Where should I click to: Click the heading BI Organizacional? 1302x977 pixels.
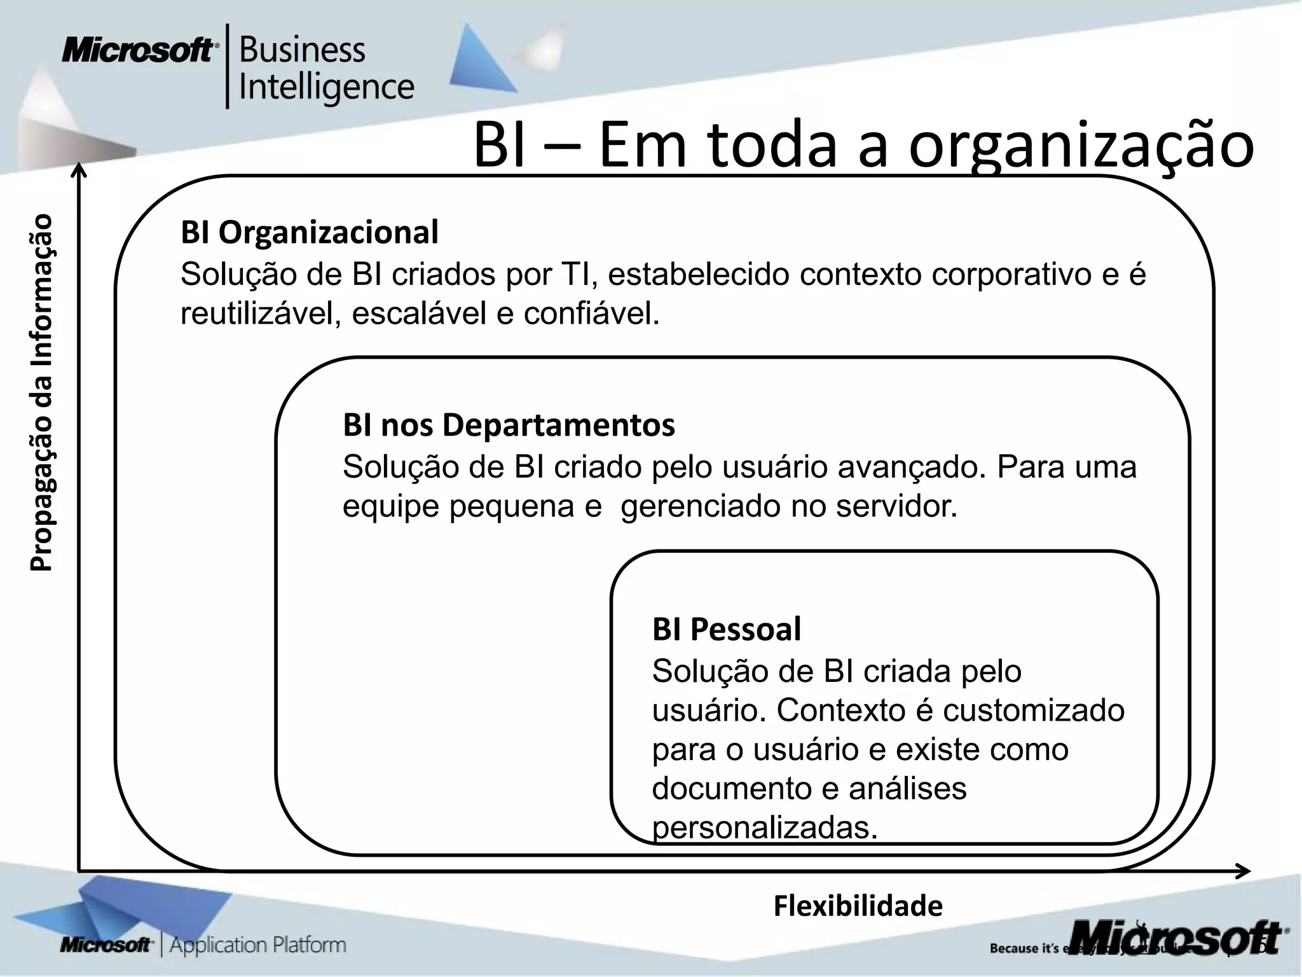310,233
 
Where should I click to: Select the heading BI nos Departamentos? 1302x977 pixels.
509,425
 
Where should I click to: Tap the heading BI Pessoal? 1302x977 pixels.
727,630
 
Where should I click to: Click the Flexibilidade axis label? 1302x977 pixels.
858,906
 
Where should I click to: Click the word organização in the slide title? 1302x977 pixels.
1081,146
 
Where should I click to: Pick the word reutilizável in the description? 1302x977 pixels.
254,314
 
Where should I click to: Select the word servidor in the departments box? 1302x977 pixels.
896,507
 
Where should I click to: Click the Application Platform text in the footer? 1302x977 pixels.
257,945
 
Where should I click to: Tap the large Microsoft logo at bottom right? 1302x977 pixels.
1176,938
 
